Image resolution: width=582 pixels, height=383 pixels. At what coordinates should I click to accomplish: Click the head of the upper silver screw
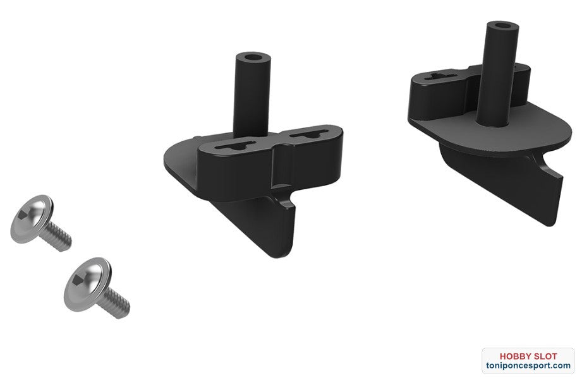[x=32, y=219]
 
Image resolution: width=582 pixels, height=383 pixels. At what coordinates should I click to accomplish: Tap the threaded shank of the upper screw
[x=57, y=237]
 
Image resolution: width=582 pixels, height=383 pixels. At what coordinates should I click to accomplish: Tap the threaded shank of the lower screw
[x=116, y=302]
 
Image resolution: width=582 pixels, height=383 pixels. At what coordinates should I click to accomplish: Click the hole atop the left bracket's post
[x=253, y=57]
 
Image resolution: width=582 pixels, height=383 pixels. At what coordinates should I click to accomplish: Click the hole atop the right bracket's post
[x=502, y=26]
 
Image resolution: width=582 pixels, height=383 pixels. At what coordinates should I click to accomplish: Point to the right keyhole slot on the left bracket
[x=310, y=134]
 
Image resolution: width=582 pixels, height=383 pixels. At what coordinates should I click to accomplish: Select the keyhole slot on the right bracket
[x=445, y=76]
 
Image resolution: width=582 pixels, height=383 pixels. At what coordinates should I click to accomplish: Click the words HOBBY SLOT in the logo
[x=528, y=356]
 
